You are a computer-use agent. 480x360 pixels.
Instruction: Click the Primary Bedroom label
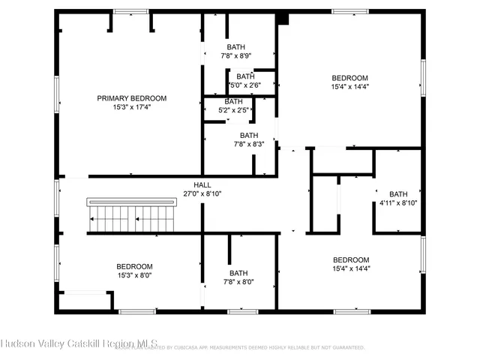(131, 98)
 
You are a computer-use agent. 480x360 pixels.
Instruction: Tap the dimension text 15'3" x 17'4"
(131, 108)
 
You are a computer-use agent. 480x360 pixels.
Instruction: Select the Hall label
(202, 184)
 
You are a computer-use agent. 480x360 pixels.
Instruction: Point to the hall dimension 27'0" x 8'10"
(202, 193)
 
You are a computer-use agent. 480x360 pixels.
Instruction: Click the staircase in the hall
(132, 217)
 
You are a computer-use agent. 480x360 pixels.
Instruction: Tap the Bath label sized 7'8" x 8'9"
(236, 46)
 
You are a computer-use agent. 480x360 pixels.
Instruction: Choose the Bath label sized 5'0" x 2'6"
(245, 76)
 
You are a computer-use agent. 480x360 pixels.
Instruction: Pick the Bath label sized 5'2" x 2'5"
(233, 101)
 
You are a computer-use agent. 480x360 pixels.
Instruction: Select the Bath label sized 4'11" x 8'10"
(398, 193)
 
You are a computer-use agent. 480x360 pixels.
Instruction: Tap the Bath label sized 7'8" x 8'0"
(238, 273)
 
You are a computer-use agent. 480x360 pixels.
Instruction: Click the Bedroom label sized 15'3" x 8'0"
(134, 266)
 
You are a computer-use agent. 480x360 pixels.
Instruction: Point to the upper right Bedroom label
(350, 78)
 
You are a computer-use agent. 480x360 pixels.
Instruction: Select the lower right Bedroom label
(351, 259)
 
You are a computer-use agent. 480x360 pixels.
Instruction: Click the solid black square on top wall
(282, 18)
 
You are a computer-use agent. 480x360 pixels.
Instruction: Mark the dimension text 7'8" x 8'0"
(238, 282)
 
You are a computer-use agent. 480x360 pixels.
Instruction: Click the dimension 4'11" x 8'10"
(398, 202)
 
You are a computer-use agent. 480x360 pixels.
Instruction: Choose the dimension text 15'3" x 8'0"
(134, 275)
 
